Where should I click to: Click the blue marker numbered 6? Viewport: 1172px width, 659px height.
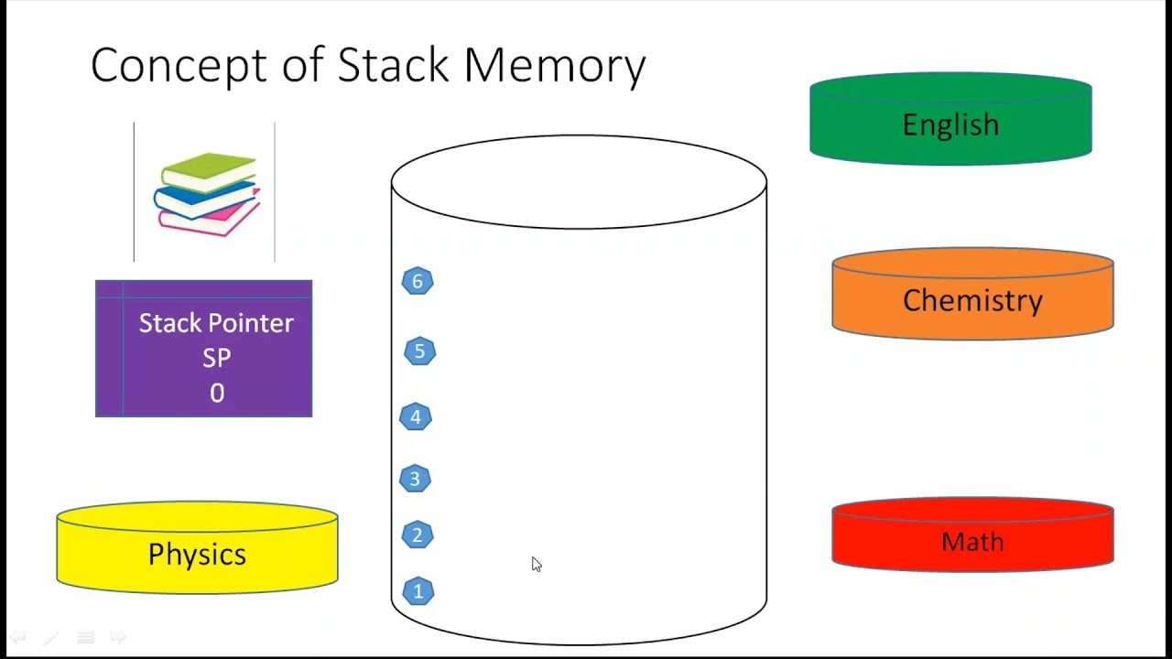point(418,281)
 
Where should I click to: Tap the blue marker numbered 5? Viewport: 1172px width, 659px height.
point(420,351)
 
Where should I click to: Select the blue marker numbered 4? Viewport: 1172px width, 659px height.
point(416,417)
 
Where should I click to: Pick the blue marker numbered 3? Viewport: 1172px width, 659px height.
point(415,479)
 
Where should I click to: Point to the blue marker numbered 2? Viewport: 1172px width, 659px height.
point(418,535)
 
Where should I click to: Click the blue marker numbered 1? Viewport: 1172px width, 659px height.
point(418,591)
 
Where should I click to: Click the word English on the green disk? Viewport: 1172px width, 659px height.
point(950,124)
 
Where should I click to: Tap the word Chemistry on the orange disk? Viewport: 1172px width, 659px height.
point(972,300)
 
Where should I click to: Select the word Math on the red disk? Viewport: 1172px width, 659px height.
point(972,542)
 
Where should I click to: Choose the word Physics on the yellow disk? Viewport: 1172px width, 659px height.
point(197,554)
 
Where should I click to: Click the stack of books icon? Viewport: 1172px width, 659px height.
point(207,194)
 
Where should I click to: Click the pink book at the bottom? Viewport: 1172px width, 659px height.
point(211,221)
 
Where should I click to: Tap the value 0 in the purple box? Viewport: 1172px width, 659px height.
point(217,394)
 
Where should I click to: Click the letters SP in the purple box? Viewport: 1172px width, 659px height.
point(217,358)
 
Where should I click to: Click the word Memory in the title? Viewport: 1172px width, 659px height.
point(554,66)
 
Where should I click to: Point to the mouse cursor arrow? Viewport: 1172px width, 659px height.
point(536,564)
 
